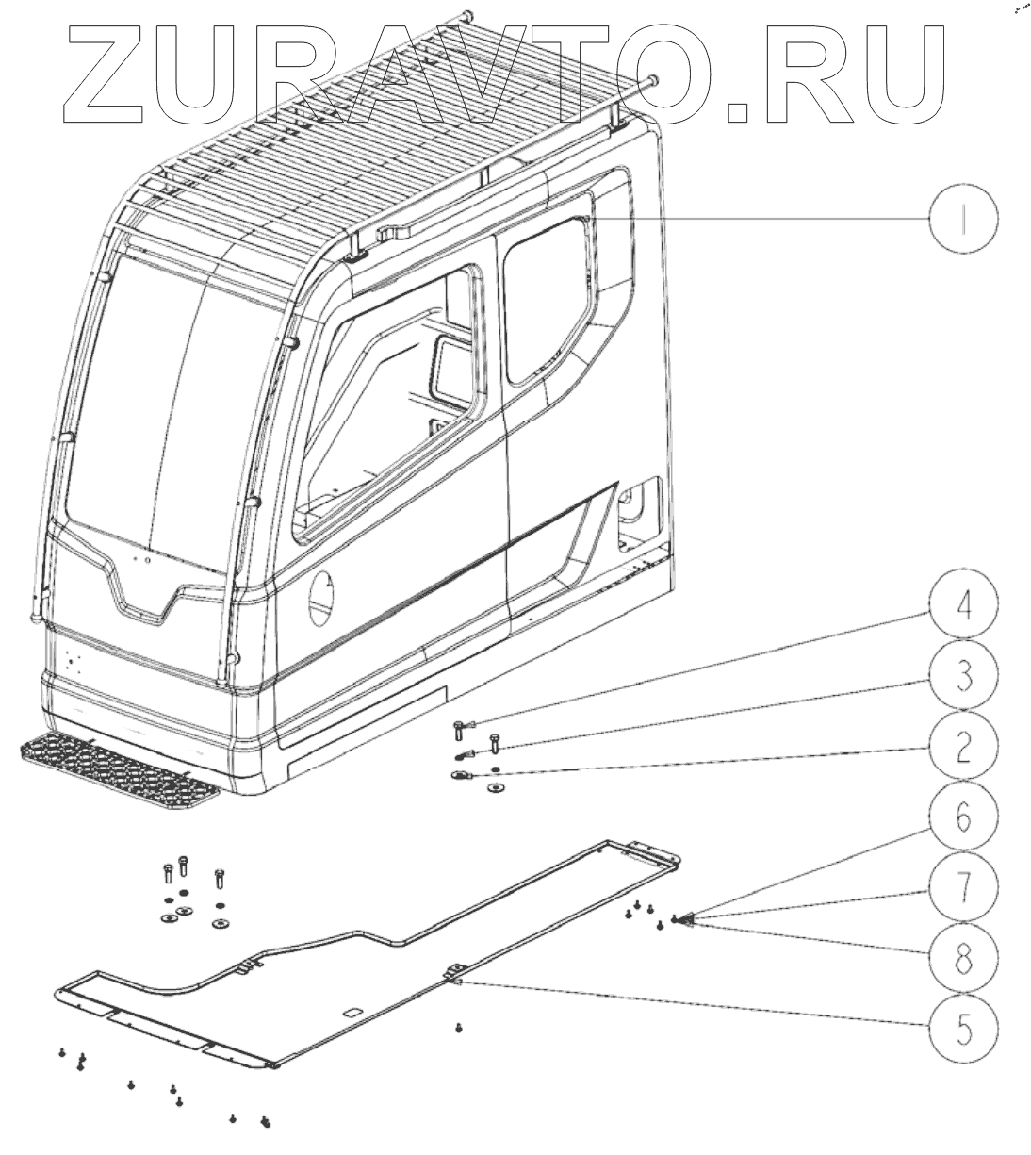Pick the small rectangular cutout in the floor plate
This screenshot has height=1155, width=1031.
pyautogui.click(x=352, y=1013)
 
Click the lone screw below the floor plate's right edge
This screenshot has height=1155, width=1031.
pyautogui.click(x=458, y=1027)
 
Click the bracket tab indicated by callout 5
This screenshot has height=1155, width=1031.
pyautogui.click(x=456, y=972)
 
